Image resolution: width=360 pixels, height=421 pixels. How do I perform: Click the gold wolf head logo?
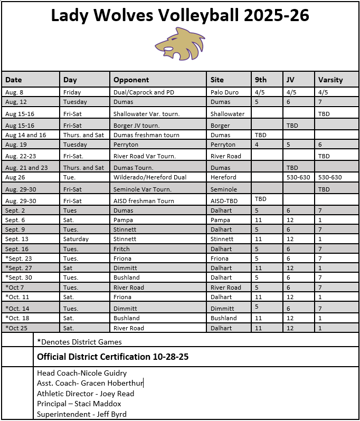pos(179,44)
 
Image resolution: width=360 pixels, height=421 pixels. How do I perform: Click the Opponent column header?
pos(131,80)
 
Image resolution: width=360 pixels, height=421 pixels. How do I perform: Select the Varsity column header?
pos(330,80)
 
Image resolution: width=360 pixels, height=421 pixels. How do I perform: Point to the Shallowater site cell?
pos(228,114)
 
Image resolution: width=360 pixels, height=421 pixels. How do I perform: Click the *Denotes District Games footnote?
pos(79,342)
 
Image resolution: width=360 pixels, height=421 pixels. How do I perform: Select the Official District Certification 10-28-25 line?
pos(112,357)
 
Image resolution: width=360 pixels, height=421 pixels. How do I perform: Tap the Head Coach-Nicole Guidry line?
pos(82,373)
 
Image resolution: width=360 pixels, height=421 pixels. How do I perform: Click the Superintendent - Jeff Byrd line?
pos(82,414)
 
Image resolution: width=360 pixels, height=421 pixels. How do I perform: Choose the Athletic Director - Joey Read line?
pos(86,394)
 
